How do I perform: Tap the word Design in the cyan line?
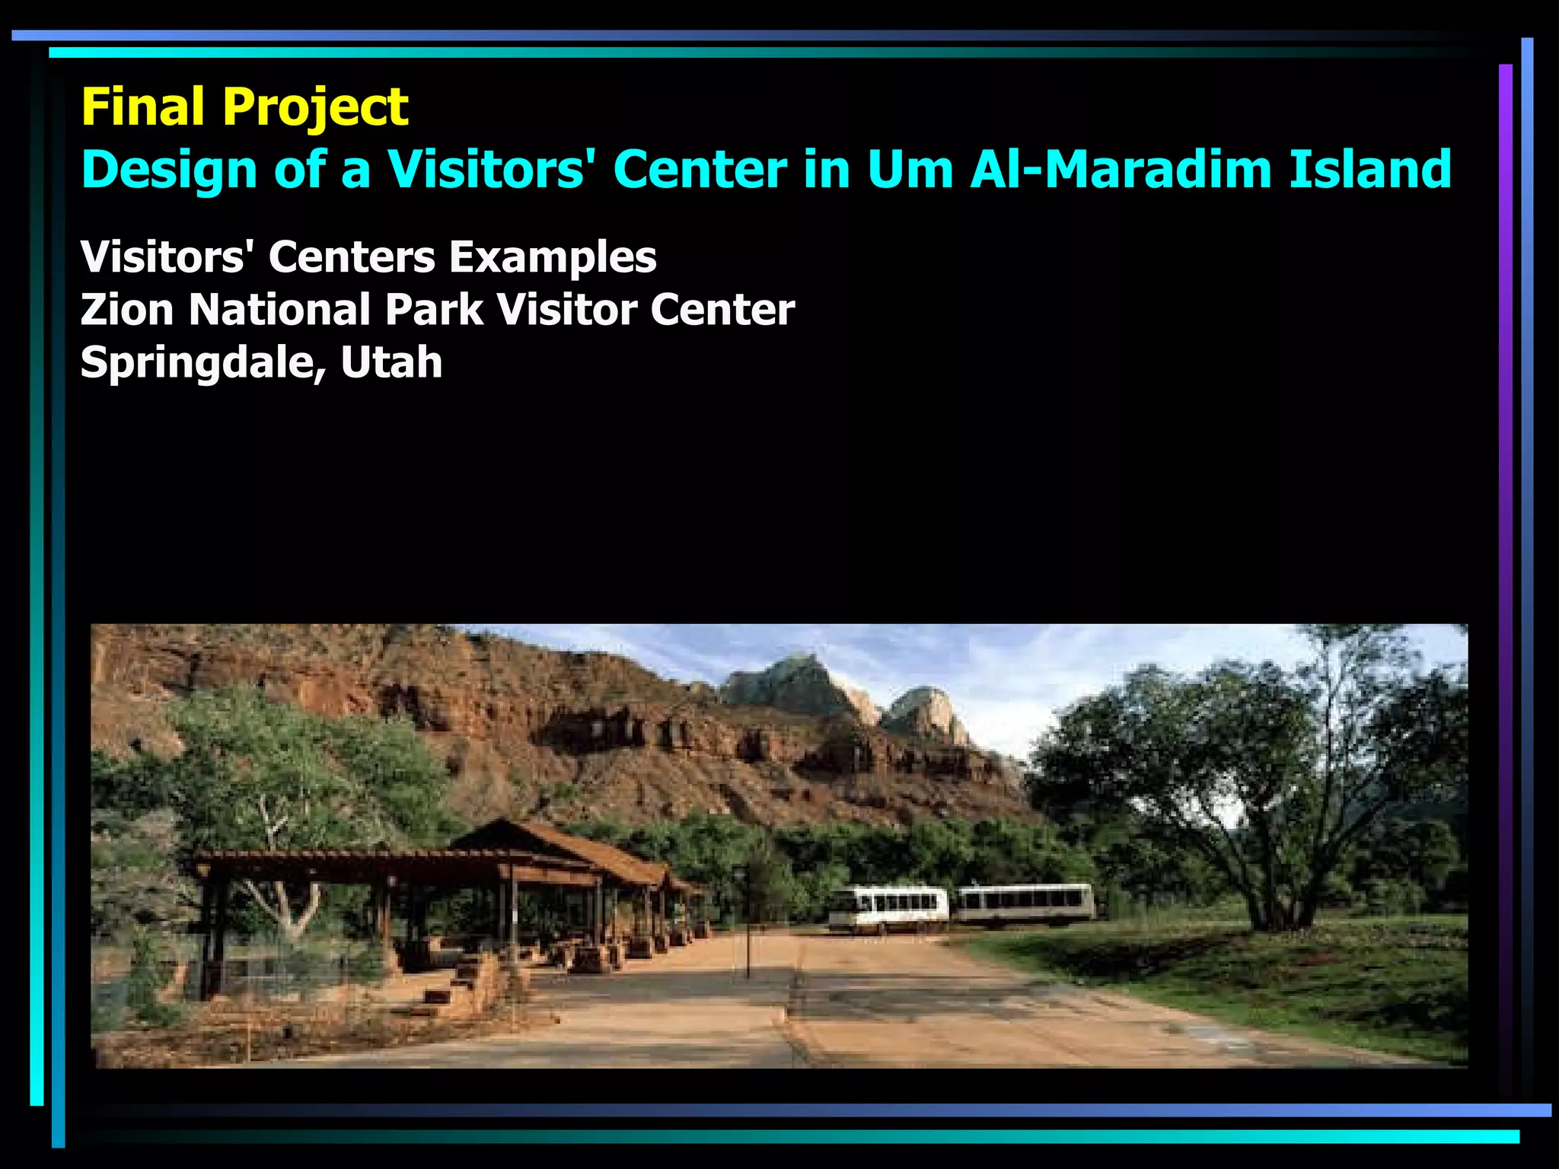[x=168, y=170]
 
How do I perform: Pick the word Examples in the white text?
[x=552, y=257]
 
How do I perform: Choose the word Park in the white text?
[x=433, y=310]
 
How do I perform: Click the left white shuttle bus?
[x=888, y=908]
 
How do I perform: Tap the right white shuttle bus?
[x=1025, y=903]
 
